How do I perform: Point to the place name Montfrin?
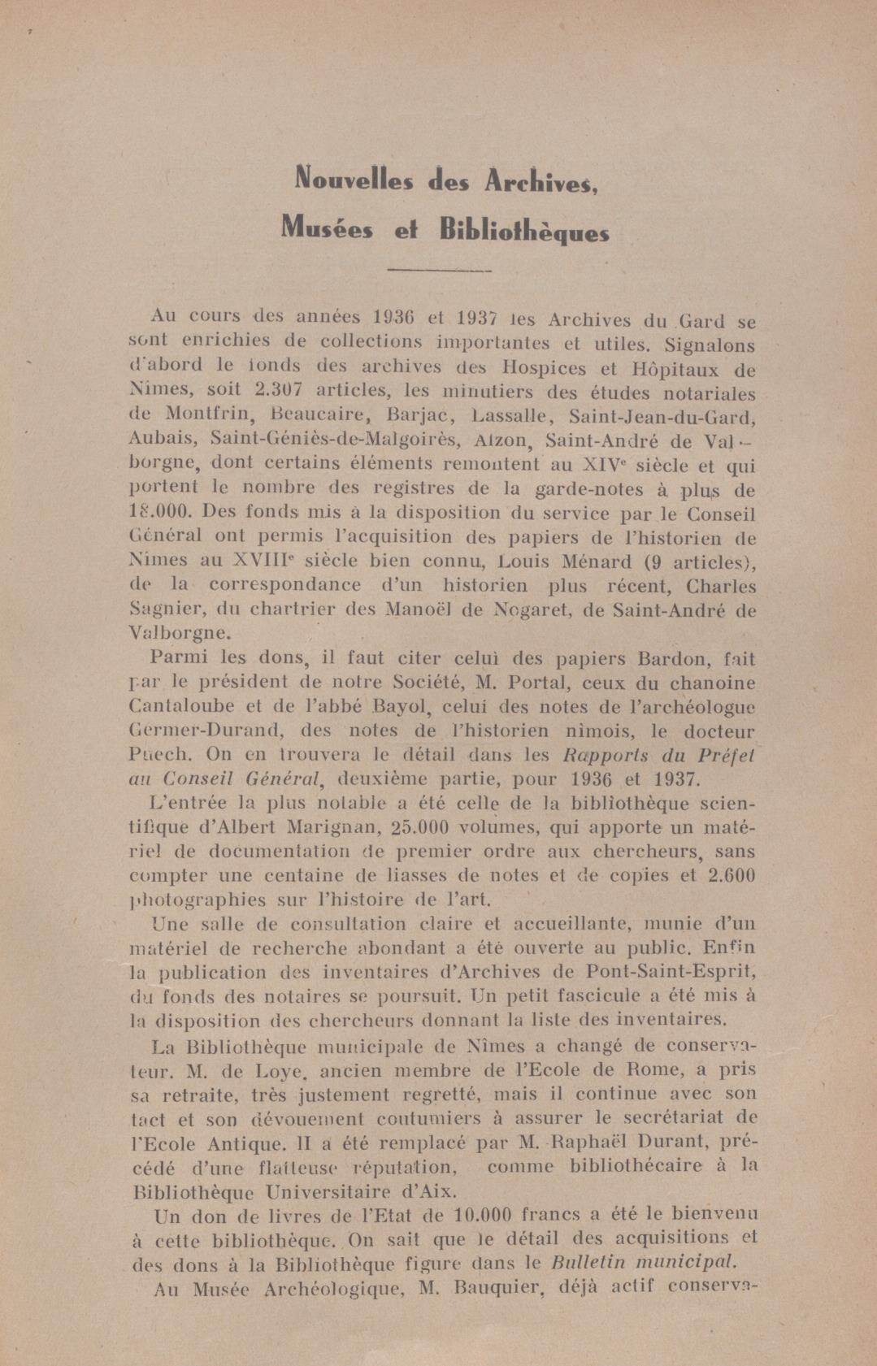tap(206, 416)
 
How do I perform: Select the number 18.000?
tap(159, 513)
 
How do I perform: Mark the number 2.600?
tap(732, 876)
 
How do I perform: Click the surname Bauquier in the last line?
tap(487, 1288)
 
